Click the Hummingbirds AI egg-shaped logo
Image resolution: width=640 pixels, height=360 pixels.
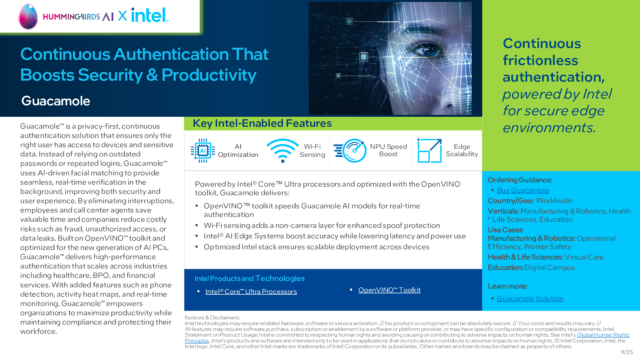[28, 16]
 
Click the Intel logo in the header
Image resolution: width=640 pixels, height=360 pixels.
[149, 16]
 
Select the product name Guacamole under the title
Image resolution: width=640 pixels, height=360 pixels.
[56, 101]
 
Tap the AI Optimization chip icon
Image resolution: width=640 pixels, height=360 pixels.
[203, 150]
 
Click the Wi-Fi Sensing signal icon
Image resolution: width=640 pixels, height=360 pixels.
[282, 150]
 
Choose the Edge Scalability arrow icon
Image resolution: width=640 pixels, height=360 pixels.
[429, 150]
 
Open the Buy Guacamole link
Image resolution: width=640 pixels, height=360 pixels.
[522, 190]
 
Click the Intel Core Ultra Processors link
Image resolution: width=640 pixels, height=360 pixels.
[250, 291]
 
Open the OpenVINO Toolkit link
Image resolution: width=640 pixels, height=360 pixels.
[389, 290]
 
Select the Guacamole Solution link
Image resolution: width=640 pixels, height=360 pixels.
[530, 298]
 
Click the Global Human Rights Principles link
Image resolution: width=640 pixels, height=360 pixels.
[603, 335]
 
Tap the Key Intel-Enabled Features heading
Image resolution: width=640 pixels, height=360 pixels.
[262, 123]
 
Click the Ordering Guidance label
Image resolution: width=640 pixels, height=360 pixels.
[520, 180]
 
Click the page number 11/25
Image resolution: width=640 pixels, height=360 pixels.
[626, 352]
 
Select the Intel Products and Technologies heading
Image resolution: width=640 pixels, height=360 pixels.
[249, 278]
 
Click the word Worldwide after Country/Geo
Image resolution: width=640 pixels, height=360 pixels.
[553, 200]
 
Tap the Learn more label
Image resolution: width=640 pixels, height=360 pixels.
[507, 286]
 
